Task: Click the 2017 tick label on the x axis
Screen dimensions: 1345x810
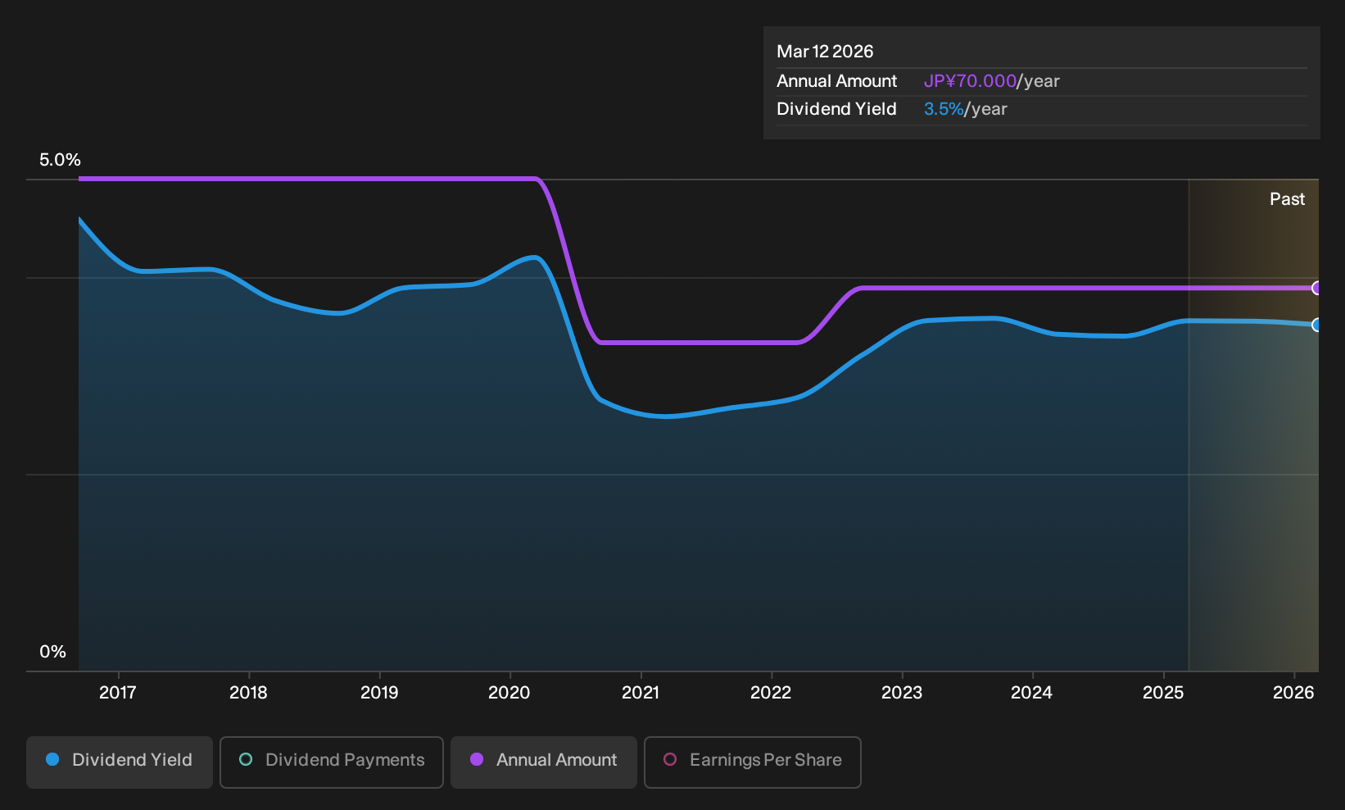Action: click(118, 693)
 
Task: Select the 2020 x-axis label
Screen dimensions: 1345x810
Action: click(509, 693)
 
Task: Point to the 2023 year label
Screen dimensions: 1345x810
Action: click(902, 693)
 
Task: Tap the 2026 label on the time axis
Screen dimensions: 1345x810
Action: click(1294, 693)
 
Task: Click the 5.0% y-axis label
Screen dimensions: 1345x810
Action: click(60, 160)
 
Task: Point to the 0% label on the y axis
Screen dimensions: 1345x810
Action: click(53, 652)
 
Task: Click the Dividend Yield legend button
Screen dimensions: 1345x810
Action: click(120, 762)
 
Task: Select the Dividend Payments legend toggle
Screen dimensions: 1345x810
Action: click(332, 762)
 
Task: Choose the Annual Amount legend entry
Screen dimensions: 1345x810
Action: click(543, 762)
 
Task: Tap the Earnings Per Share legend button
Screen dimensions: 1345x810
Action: click(752, 762)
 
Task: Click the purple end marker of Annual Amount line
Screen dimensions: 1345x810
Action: click(1316, 289)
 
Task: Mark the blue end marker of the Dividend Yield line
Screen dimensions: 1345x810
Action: click(1316, 325)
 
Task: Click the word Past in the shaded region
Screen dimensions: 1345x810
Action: click(1288, 199)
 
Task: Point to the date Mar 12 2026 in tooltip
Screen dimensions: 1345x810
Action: click(825, 52)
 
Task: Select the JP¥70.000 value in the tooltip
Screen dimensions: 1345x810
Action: click(970, 81)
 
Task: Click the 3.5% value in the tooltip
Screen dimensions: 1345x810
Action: click(944, 109)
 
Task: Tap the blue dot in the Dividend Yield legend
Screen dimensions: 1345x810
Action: click(53, 759)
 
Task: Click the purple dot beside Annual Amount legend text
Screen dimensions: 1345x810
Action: click(477, 759)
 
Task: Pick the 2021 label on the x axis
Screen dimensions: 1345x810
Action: click(640, 693)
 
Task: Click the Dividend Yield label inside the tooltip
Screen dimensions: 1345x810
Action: click(836, 109)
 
